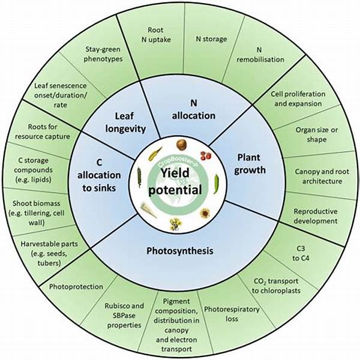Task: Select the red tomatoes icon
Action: point(205,155)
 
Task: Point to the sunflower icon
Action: point(205,212)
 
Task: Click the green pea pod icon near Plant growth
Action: point(217,180)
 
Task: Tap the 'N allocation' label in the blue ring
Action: point(193,110)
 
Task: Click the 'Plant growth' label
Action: point(251,164)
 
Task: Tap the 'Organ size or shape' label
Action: point(311,134)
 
